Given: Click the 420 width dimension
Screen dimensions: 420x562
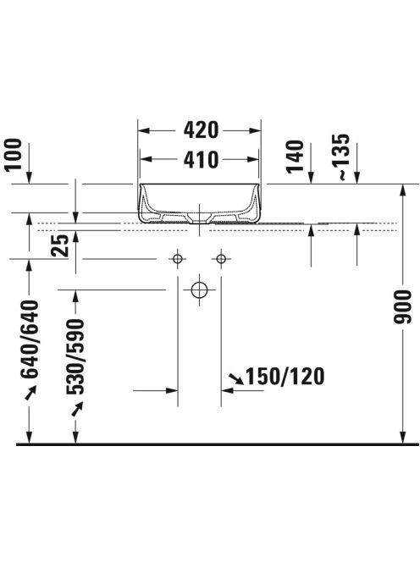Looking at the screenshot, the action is click(201, 130).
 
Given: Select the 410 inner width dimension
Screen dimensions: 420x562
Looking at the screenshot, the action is click(201, 159).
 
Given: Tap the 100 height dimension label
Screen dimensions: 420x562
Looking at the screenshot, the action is click(14, 155).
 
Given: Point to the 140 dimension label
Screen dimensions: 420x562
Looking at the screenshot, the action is click(295, 157).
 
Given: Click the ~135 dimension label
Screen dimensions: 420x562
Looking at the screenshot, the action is click(340, 157).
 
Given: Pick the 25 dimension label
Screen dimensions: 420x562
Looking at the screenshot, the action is click(59, 245).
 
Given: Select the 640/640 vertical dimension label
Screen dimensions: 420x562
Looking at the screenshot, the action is click(30, 339).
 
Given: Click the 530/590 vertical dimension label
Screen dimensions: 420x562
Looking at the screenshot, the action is click(75, 356).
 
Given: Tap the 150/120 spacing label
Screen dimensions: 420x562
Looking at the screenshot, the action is click(285, 377).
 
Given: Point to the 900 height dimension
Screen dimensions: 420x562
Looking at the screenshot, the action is click(403, 307).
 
